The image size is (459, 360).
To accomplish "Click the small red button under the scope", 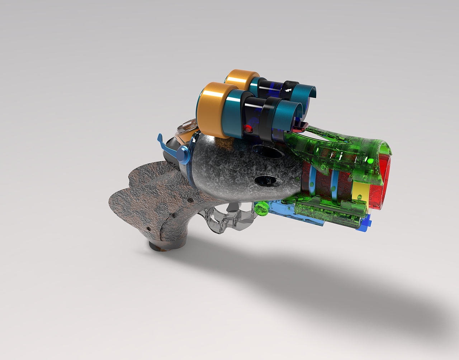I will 247,128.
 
